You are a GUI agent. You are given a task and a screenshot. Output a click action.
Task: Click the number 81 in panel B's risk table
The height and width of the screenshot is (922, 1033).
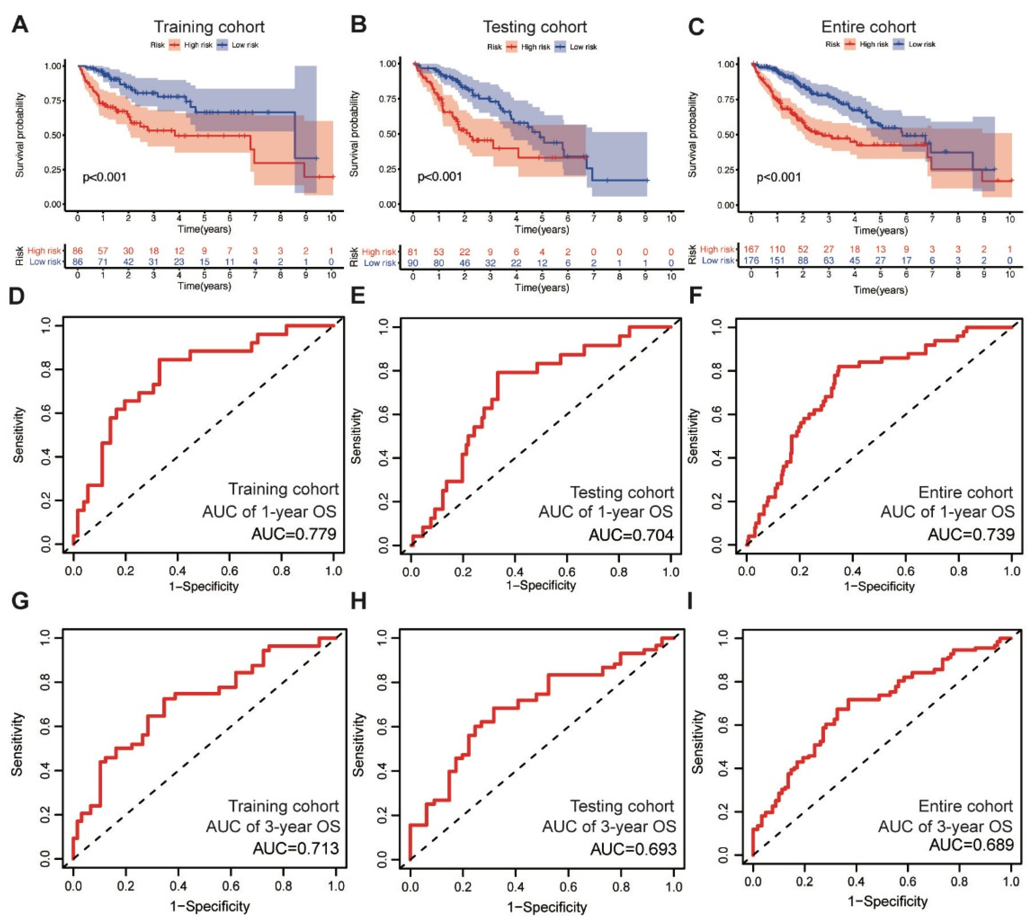pyautogui.click(x=413, y=252)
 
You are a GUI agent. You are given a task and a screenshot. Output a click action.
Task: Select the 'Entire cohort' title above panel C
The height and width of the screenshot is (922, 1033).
pyautogui.click(x=868, y=27)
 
